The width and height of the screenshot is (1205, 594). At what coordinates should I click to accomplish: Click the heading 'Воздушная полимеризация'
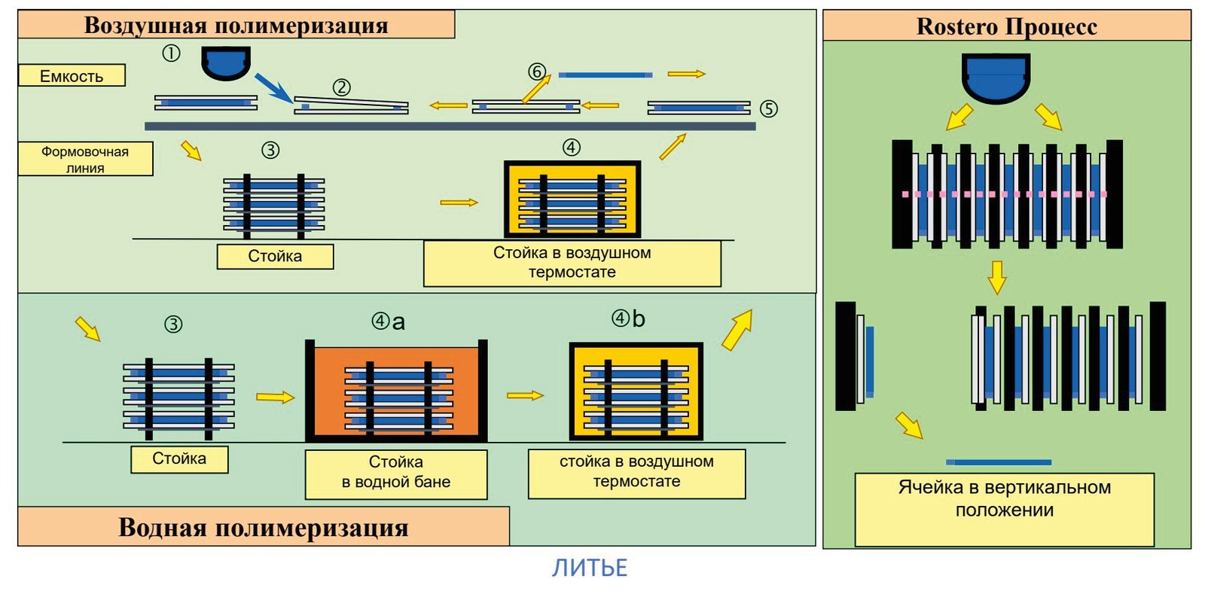pos(236,25)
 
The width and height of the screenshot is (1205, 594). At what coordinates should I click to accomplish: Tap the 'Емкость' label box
pos(72,76)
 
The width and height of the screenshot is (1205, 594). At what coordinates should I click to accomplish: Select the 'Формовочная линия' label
pos(85,159)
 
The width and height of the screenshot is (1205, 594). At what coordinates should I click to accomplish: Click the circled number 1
pos(171,53)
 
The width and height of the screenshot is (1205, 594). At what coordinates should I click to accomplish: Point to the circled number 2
pos(342,87)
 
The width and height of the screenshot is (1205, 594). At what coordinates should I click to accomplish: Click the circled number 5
pos(769,108)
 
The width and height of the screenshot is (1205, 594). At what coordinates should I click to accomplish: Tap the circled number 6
pos(537,71)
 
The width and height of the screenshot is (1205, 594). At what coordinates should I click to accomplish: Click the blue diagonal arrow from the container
pos(274,87)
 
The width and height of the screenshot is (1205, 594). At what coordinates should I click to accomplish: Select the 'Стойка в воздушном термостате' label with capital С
pos(572,263)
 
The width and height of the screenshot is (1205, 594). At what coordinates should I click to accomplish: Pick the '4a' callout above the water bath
pos(389,321)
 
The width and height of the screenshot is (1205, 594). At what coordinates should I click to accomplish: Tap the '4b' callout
pos(628,318)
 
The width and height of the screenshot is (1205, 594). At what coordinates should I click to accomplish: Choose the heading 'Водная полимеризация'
pos(263,527)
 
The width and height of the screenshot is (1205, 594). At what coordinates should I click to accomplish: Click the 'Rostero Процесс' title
pos(1006,26)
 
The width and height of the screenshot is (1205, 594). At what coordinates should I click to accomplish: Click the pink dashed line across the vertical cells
pos(1005,194)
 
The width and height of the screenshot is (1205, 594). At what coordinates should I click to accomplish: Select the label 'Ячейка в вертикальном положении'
pos(1005,498)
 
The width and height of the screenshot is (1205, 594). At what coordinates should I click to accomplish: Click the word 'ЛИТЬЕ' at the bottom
pos(590,568)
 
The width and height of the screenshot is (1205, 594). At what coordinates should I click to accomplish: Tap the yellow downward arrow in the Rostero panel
pos(997,277)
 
